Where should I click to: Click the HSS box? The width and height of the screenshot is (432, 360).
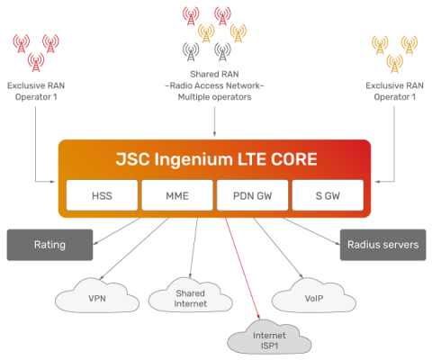[x=102, y=195]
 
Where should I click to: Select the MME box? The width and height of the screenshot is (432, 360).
[x=176, y=195]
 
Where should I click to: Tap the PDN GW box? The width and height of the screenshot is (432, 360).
[x=252, y=195]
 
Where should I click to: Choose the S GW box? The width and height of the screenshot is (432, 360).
[x=328, y=195]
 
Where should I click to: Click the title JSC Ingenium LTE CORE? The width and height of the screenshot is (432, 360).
[x=216, y=160]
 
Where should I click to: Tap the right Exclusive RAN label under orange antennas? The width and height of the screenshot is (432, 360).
[x=393, y=90]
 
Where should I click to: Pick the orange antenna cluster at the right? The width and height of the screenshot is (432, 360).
[x=395, y=51]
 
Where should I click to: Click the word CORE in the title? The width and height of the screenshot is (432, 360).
[x=294, y=160]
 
